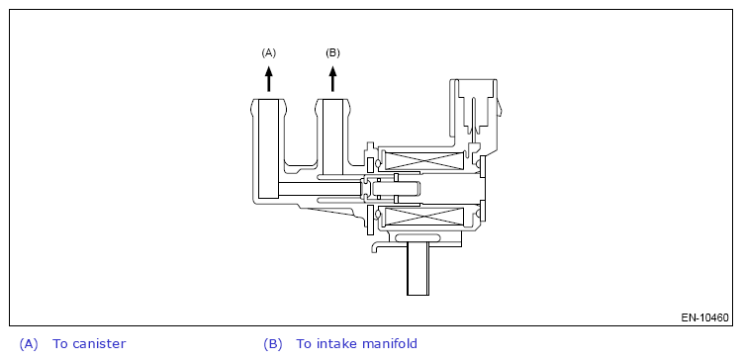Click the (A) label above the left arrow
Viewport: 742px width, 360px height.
[268, 53]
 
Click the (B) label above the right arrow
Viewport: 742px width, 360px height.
[332, 53]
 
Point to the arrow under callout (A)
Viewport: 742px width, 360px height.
[269, 78]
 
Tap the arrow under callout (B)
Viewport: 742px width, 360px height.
[332, 78]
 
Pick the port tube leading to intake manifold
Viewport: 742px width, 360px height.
[332, 136]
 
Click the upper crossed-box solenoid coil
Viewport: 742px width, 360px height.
[423, 161]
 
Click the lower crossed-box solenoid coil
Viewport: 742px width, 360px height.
[423, 217]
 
